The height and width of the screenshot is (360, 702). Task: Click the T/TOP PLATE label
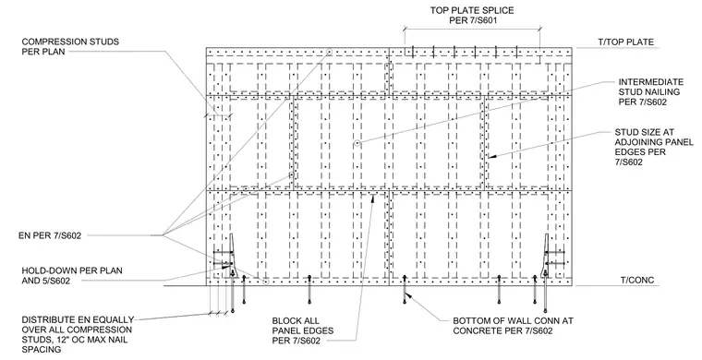coord(626,42)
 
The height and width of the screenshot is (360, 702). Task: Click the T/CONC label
coord(637,281)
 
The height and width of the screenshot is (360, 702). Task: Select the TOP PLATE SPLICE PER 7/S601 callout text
coord(472,15)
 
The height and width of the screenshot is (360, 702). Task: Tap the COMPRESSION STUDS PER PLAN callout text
coord(70,46)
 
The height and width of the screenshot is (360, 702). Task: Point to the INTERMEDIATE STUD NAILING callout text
coord(651,91)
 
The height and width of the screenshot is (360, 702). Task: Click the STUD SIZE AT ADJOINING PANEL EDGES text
coord(654,147)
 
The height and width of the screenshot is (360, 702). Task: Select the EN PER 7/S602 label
coord(50,235)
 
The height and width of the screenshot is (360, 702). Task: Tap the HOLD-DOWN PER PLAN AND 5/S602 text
coord(72,275)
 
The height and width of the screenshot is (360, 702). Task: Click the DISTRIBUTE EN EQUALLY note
coord(78,334)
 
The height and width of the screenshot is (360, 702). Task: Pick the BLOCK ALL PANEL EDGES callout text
coord(303,331)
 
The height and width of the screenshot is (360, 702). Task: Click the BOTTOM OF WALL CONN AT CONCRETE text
coord(513,326)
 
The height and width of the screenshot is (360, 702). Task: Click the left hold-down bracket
coord(232,256)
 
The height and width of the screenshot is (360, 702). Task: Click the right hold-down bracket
coord(546,256)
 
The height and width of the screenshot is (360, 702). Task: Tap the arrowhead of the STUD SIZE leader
coord(490,157)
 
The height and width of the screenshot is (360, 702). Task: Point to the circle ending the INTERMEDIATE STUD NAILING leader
coord(357,144)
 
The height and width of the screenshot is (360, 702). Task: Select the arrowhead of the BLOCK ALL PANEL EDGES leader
coord(373,198)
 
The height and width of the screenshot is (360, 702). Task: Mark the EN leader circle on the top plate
coord(329,52)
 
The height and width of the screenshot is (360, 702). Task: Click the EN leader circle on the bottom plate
coord(265,282)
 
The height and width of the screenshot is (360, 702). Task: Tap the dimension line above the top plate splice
coord(472,30)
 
